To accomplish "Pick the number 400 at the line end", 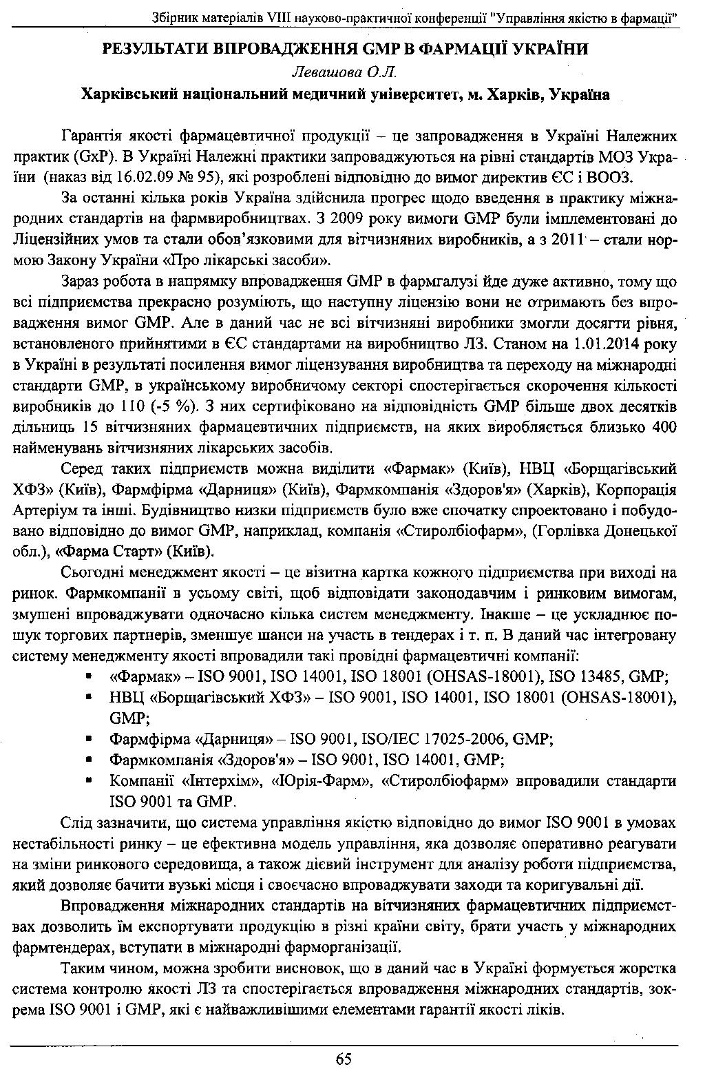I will (x=664, y=426).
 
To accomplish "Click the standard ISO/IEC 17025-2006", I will (x=432, y=740).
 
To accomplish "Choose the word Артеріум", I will (x=41, y=511).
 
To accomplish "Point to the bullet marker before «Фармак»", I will (x=89, y=677).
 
